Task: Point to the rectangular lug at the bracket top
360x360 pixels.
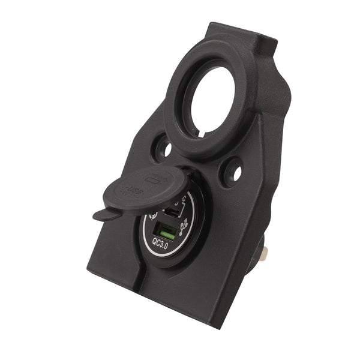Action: pyautogui.click(x=240, y=39)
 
